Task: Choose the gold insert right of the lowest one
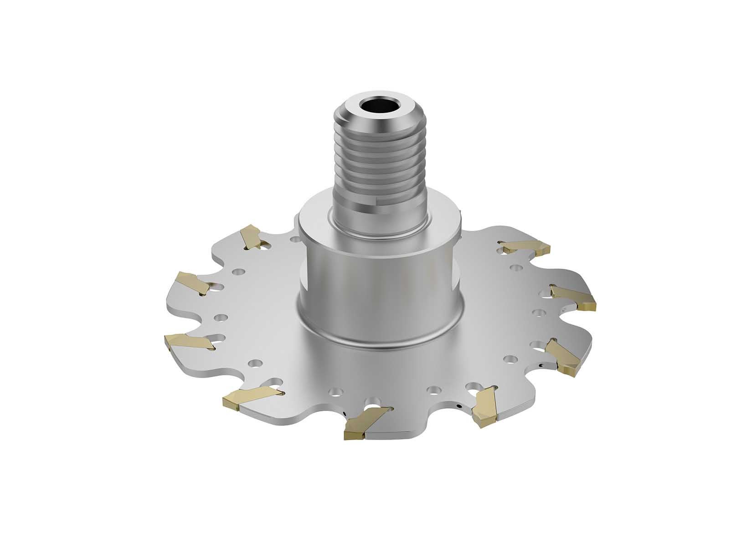point(484,405)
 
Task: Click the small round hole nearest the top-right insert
point(516,267)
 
